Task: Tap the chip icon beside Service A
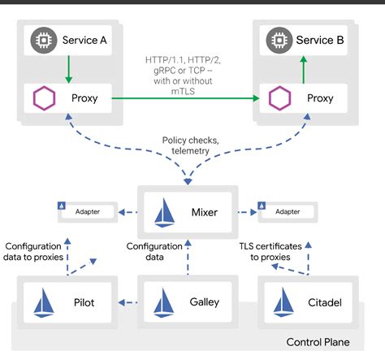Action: pos(40,39)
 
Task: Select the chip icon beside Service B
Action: pos(279,39)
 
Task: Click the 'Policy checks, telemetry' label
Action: pos(191,145)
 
